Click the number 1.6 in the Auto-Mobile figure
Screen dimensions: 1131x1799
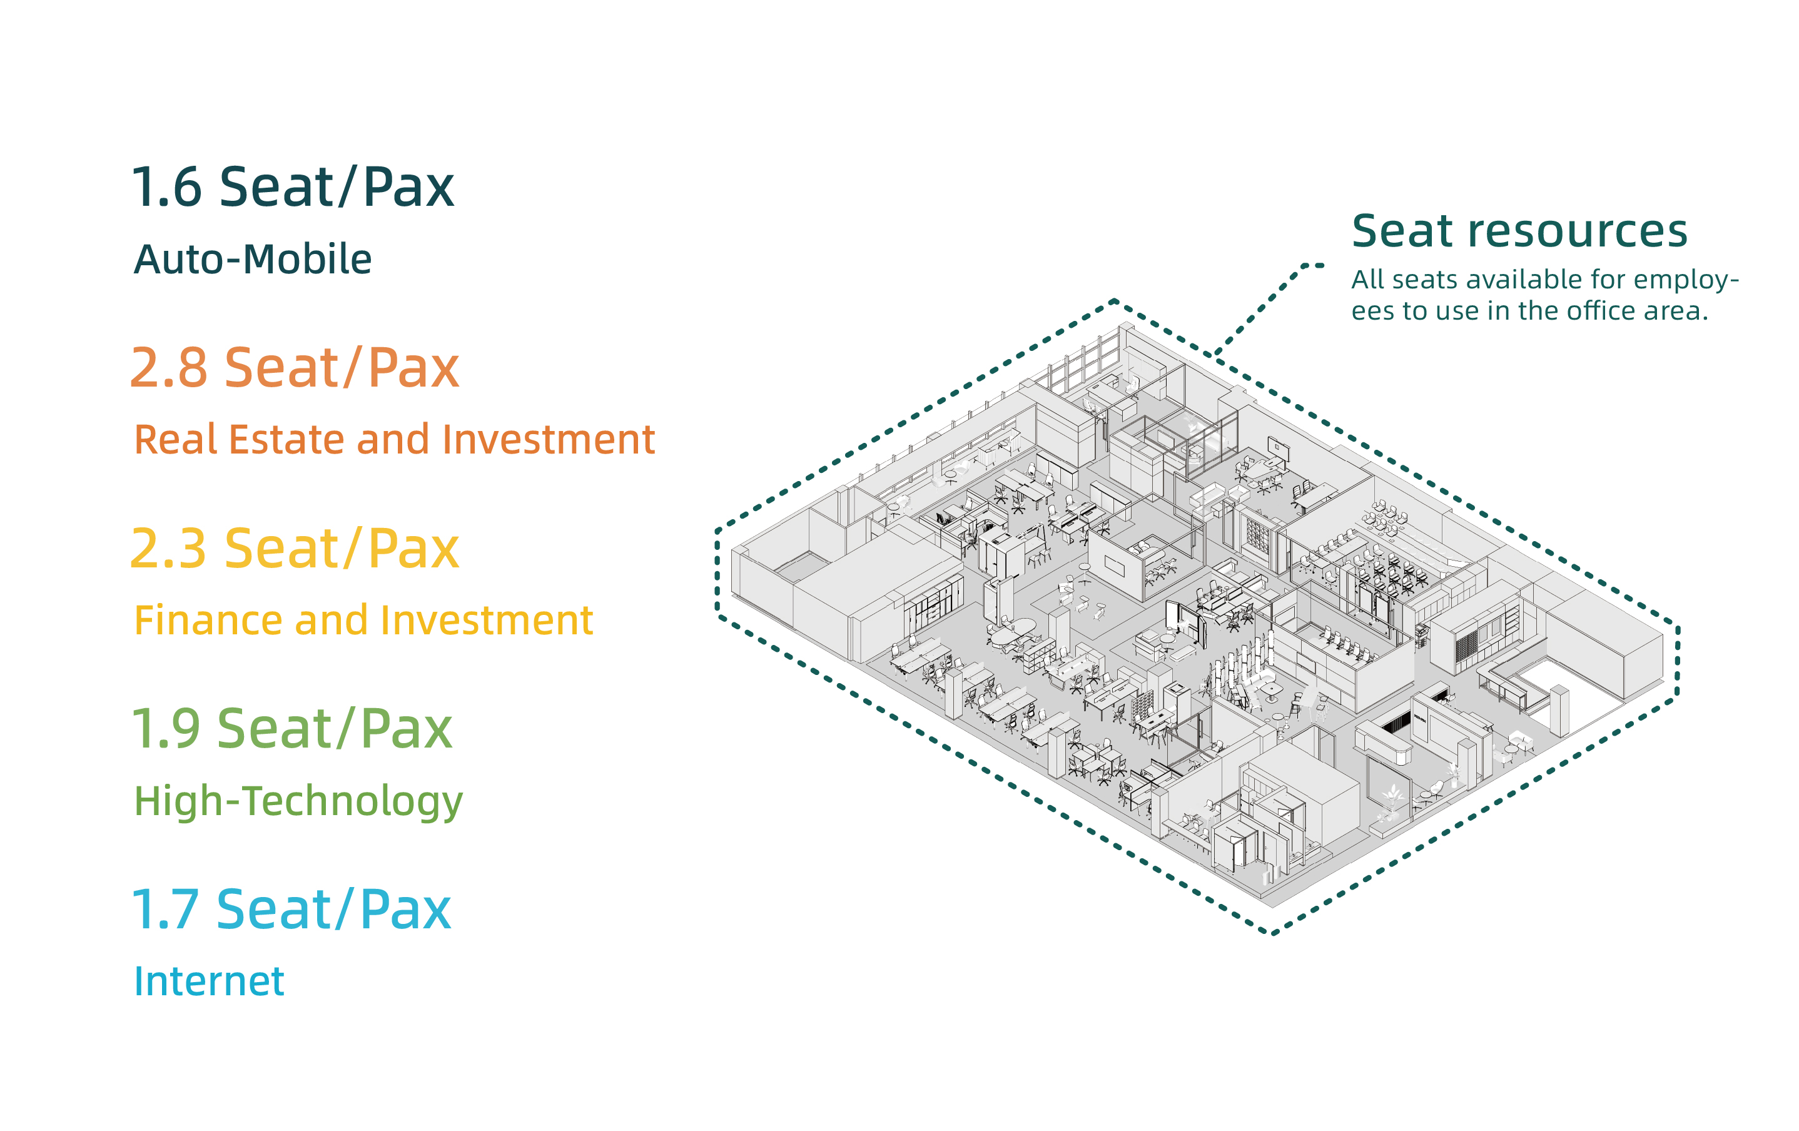[166, 187]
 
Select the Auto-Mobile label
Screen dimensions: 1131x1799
[253, 259]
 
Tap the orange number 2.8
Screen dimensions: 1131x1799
[169, 368]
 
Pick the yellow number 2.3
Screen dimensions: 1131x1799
[168, 549]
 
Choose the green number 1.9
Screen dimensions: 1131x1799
[165, 729]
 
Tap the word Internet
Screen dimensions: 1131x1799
[208, 981]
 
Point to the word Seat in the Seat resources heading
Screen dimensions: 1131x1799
[1401, 231]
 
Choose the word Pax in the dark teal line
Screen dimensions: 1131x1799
[408, 187]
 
